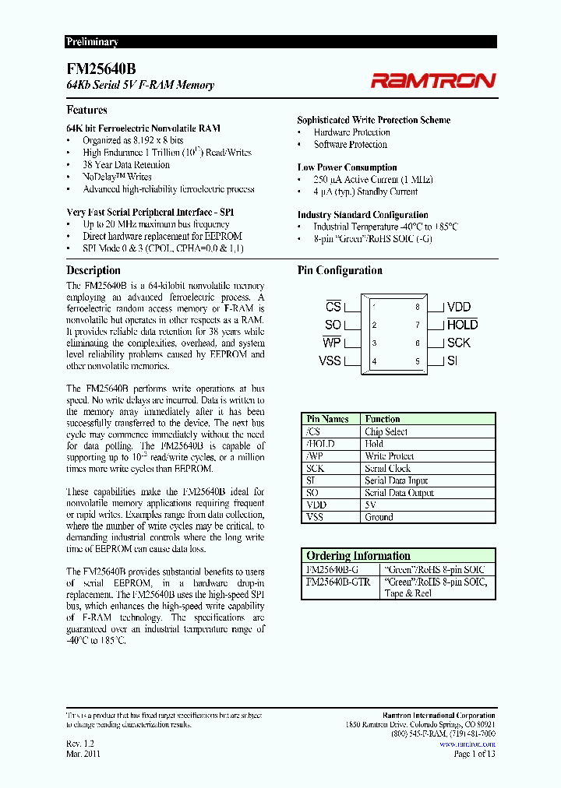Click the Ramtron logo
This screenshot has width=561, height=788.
[432, 80]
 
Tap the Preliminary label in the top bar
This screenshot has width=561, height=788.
[92, 42]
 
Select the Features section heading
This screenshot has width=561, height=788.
[86, 110]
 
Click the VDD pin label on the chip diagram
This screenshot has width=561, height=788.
[459, 308]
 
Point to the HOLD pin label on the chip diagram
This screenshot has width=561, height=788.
[462, 325]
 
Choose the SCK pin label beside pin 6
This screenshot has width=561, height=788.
[459, 343]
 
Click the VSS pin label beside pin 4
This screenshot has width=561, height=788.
[330, 361]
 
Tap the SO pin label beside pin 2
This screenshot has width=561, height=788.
[333, 325]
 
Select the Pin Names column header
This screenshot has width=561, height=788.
[328, 419]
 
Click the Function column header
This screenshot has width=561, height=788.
[383, 419]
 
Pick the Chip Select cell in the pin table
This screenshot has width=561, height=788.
[386, 431]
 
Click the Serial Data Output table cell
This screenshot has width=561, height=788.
[399, 493]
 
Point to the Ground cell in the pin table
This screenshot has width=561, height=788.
[379, 517]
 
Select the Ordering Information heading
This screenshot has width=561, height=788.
[358, 555]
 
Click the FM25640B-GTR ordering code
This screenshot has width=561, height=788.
[338, 582]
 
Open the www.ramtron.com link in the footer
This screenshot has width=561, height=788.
[467, 744]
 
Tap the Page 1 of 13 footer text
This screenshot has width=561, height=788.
[474, 754]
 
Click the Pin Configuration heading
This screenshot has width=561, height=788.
[340, 270]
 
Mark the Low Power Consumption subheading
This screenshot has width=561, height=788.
[347, 167]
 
